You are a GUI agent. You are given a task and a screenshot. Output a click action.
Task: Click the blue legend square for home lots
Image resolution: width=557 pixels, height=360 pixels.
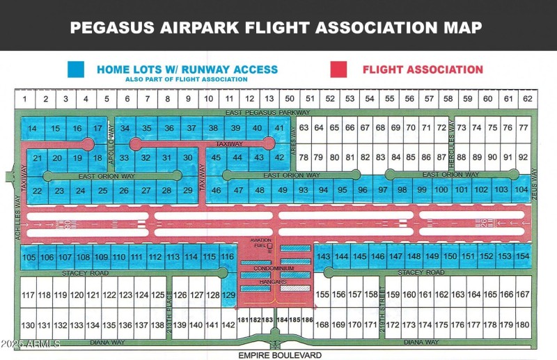click(x=76, y=70)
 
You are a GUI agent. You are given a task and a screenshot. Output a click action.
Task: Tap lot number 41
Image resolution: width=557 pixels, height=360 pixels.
click(x=279, y=128)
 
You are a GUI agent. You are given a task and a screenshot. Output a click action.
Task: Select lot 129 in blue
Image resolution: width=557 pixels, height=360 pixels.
click(x=229, y=295)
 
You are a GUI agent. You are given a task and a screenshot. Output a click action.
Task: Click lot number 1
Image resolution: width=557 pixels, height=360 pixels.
click(x=24, y=100)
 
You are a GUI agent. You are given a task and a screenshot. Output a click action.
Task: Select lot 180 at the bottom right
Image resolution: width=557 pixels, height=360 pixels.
click(x=523, y=324)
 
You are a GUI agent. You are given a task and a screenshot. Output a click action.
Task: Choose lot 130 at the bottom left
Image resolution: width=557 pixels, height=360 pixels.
click(x=28, y=325)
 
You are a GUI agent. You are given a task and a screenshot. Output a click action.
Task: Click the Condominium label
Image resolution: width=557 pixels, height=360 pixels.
click(x=273, y=268)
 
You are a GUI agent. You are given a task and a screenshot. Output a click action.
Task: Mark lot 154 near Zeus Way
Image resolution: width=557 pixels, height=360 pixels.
click(x=523, y=256)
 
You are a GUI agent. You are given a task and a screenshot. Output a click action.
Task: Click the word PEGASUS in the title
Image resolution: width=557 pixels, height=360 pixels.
click(x=115, y=28)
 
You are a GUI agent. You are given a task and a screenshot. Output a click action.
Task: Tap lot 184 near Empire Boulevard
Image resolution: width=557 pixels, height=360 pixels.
click(x=281, y=320)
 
